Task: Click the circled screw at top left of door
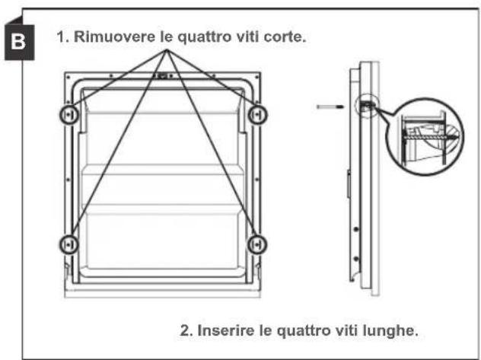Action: [69, 114]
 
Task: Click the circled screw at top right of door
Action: [258, 114]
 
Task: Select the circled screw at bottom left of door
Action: [69, 244]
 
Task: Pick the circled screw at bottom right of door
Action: [258, 244]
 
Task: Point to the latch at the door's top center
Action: [164, 76]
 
